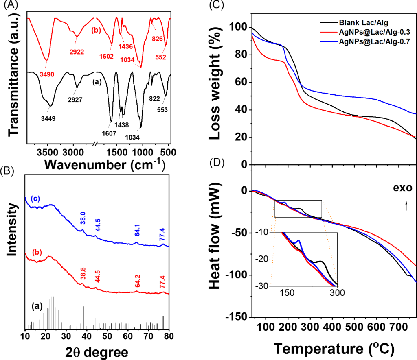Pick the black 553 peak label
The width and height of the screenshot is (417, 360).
pyautogui.click(x=162, y=109)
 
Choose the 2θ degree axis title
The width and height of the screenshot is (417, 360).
pyautogui.click(x=97, y=351)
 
